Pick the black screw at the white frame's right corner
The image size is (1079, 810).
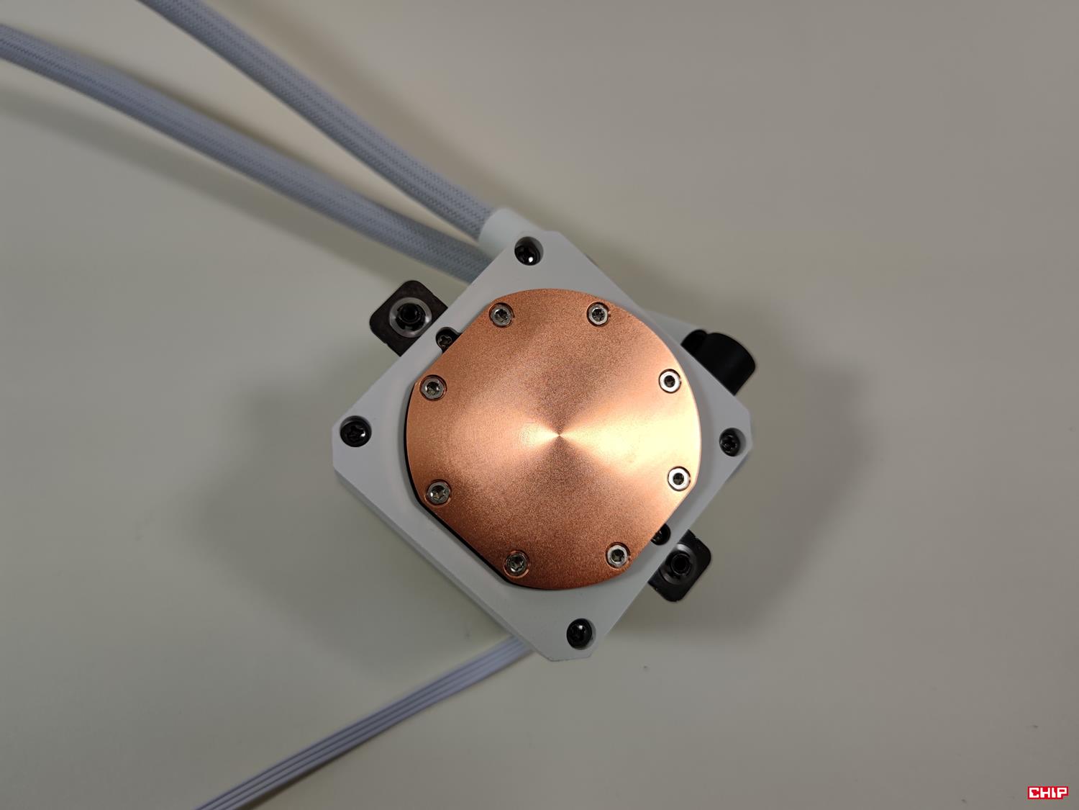tap(729, 441)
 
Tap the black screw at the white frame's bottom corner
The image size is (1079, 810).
tap(579, 633)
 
